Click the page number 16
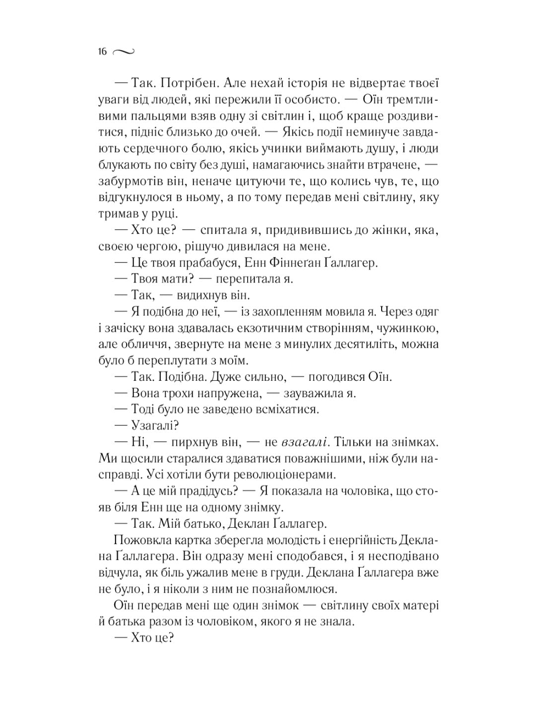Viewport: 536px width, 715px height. (103, 52)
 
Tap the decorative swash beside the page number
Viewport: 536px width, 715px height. (124, 52)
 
